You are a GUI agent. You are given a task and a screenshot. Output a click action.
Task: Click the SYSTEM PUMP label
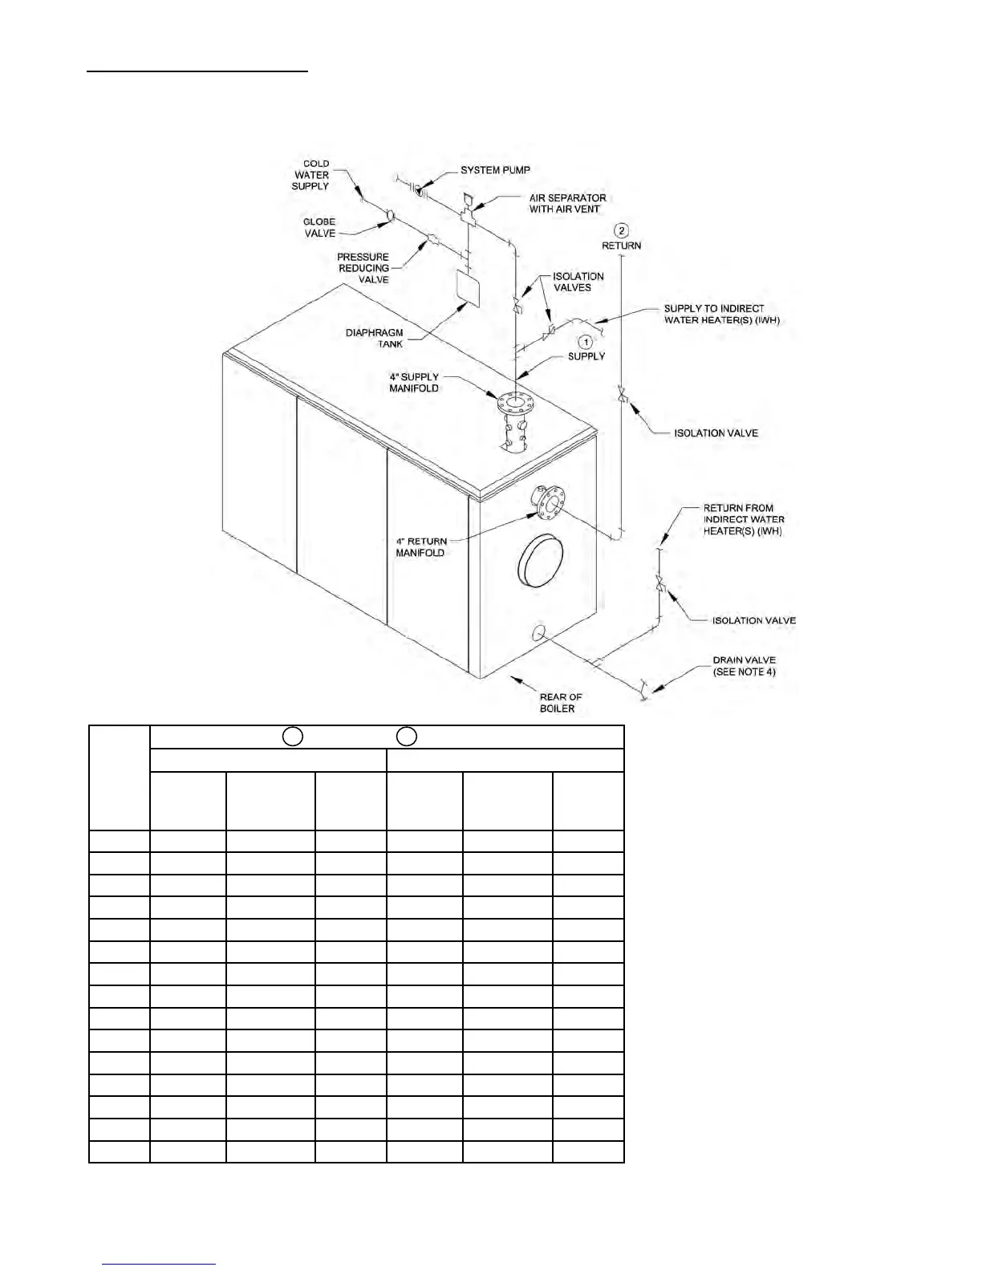pyautogui.click(x=495, y=170)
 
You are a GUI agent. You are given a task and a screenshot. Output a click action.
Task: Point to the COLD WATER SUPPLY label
pyautogui.click(x=311, y=175)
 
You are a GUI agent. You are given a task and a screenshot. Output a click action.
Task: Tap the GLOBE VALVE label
pyautogui.click(x=319, y=228)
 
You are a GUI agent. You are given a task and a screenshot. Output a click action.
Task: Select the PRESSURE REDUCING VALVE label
pyautogui.click(x=363, y=268)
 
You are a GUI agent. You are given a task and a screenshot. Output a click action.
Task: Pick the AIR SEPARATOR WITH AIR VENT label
pyautogui.click(x=567, y=203)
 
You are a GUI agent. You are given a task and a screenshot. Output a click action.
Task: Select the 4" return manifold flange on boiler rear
pyautogui.click(x=548, y=503)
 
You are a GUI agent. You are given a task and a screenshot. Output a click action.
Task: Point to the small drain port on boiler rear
pyautogui.click(x=539, y=634)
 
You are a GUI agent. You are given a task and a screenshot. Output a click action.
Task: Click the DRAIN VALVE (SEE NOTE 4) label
pyautogui.click(x=744, y=666)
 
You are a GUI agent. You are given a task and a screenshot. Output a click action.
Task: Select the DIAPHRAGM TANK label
pyautogui.click(x=375, y=338)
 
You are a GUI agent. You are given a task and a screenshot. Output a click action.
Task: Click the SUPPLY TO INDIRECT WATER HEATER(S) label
pyautogui.click(x=721, y=314)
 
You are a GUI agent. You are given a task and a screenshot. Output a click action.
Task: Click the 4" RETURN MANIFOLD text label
pyautogui.click(x=420, y=546)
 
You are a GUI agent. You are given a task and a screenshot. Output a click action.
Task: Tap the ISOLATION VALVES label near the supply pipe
pyautogui.click(x=578, y=282)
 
